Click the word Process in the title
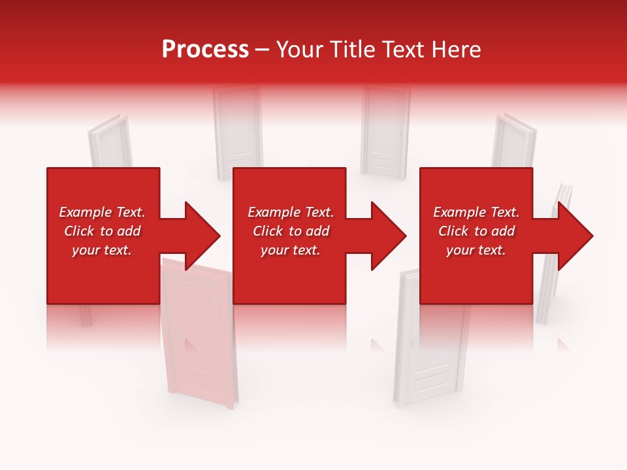pos(205,50)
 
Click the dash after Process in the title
pos(262,50)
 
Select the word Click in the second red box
pos(267,231)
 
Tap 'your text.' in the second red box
pos(290,250)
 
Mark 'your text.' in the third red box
pos(475,250)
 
